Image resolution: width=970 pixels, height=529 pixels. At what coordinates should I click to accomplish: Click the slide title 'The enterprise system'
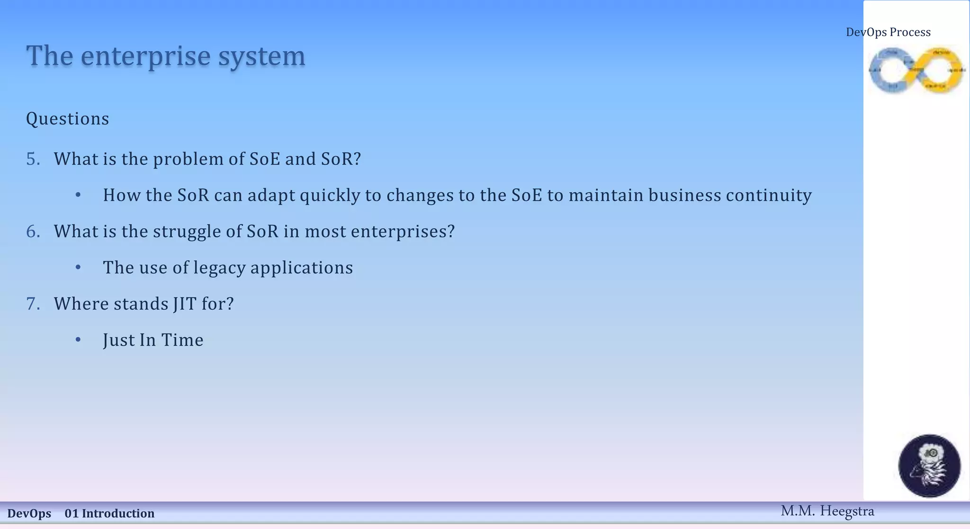coord(165,56)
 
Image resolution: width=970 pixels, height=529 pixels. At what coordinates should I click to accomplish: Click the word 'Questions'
coord(67,118)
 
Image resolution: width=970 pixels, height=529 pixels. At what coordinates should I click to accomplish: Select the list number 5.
coord(33,159)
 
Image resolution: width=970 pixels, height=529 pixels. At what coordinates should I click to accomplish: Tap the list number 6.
coord(33,232)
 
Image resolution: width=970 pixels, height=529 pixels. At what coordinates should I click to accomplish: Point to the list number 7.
coord(33,304)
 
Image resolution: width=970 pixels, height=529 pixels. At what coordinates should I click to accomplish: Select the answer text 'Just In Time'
coord(153,340)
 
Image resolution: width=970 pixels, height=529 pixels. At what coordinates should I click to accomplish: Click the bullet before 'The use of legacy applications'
coord(78,268)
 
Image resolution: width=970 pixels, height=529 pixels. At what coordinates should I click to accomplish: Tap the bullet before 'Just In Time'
coord(78,340)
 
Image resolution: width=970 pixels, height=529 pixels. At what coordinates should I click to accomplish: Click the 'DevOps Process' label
coord(888,32)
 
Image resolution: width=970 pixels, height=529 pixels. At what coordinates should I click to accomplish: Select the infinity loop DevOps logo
coord(916,70)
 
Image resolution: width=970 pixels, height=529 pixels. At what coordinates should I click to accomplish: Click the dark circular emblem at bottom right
coord(929,466)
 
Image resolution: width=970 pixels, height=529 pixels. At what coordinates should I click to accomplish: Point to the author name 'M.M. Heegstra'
coord(827,511)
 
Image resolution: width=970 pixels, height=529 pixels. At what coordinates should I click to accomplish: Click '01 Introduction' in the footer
coord(109,513)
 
